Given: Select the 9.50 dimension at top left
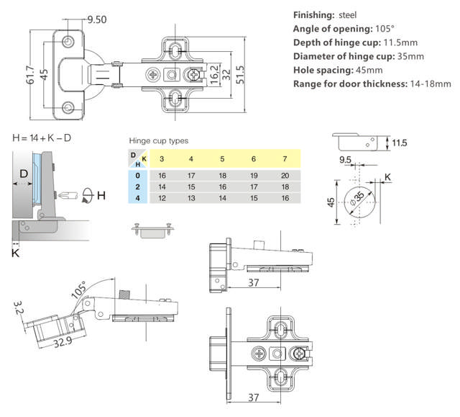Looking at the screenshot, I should (x=96, y=19).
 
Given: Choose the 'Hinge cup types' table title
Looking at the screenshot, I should (x=159, y=141).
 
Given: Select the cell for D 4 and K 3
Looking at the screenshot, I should (x=161, y=197).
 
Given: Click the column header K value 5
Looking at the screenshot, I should (x=222, y=158).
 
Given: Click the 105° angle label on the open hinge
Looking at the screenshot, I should (x=79, y=289).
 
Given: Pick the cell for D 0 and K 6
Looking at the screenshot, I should (x=253, y=175).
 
